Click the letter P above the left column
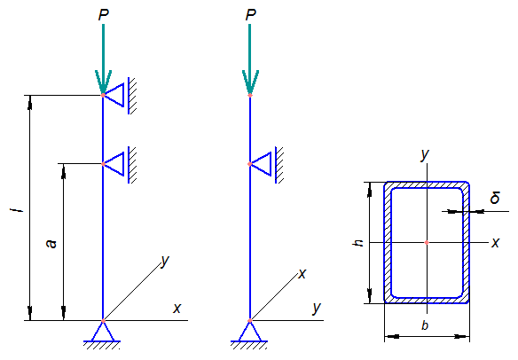[104, 15]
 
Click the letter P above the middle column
[251, 15]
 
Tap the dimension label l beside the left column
[20, 210]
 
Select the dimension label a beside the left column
[51, 244]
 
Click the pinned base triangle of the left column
[103, 332]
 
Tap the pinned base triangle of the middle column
[250, 332]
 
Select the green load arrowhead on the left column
[104, 82]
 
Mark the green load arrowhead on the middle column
[250, 82]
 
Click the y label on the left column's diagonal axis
[165, 261]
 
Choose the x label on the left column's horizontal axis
[177, 309]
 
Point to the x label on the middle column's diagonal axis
[302, 274]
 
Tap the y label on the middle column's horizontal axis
[317, 309]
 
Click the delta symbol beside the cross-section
[495, 197]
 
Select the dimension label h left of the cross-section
[358, 243]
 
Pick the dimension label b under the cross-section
[425, 325]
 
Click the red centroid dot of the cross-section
[427, 242]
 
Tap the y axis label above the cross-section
[425, 154]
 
